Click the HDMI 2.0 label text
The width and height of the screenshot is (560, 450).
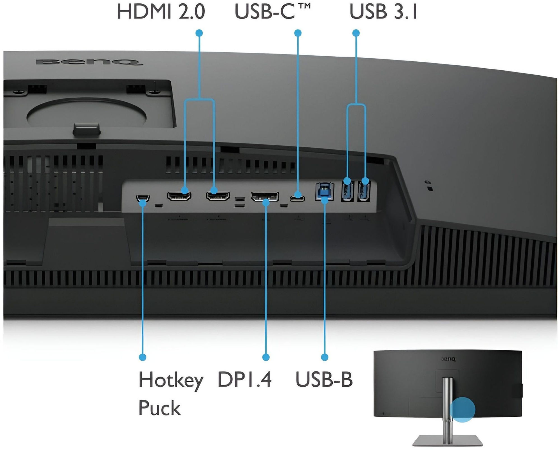coord(161,12)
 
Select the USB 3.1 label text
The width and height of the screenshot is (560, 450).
coord(384,12)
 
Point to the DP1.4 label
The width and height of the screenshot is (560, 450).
coord(244,379)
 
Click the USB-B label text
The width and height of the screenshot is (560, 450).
coord(324,379)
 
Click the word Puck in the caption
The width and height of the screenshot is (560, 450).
coord(160,408)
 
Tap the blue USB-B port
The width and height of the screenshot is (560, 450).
coord(325,191)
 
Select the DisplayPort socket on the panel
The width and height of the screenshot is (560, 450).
coord(265,196)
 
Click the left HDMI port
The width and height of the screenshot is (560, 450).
coord(179,196)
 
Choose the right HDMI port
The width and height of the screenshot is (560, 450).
coord(218,196)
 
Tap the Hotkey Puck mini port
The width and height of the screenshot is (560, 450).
coord(143,198)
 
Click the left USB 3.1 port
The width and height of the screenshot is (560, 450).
coord(348,191)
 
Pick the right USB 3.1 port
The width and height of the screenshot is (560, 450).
coord(364,191)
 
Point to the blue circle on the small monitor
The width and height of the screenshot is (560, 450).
coord(463,409)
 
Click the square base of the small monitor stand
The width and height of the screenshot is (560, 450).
coord(448,440)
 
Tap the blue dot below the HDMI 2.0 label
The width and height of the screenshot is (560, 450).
coord(199,33)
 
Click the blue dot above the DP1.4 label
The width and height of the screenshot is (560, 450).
coord(266,357)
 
